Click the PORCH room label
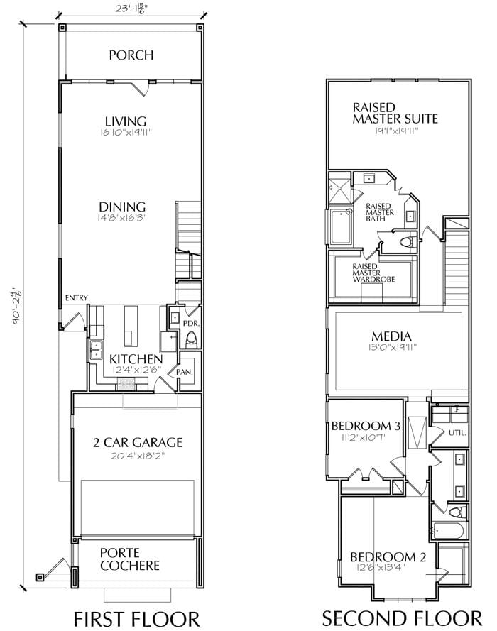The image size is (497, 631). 131,55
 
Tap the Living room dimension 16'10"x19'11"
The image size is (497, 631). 126,133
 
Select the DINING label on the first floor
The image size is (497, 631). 122,207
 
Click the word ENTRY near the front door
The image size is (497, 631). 77,298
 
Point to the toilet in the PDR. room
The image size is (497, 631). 192,339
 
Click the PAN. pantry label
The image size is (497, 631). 185,372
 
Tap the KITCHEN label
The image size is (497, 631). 136,359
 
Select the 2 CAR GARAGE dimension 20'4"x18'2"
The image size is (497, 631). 138,456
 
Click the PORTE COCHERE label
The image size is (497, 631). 130,559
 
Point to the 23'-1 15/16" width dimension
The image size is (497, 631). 131,9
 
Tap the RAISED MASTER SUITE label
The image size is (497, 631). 395,113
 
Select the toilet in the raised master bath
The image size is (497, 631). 407,242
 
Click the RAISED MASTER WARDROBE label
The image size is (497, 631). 373,273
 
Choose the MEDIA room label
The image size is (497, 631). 391,336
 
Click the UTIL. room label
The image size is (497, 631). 457,433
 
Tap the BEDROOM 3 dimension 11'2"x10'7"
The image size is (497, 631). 364,437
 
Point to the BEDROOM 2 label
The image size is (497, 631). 388,557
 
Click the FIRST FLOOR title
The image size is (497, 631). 136,618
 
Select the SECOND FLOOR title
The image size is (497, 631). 402,618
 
